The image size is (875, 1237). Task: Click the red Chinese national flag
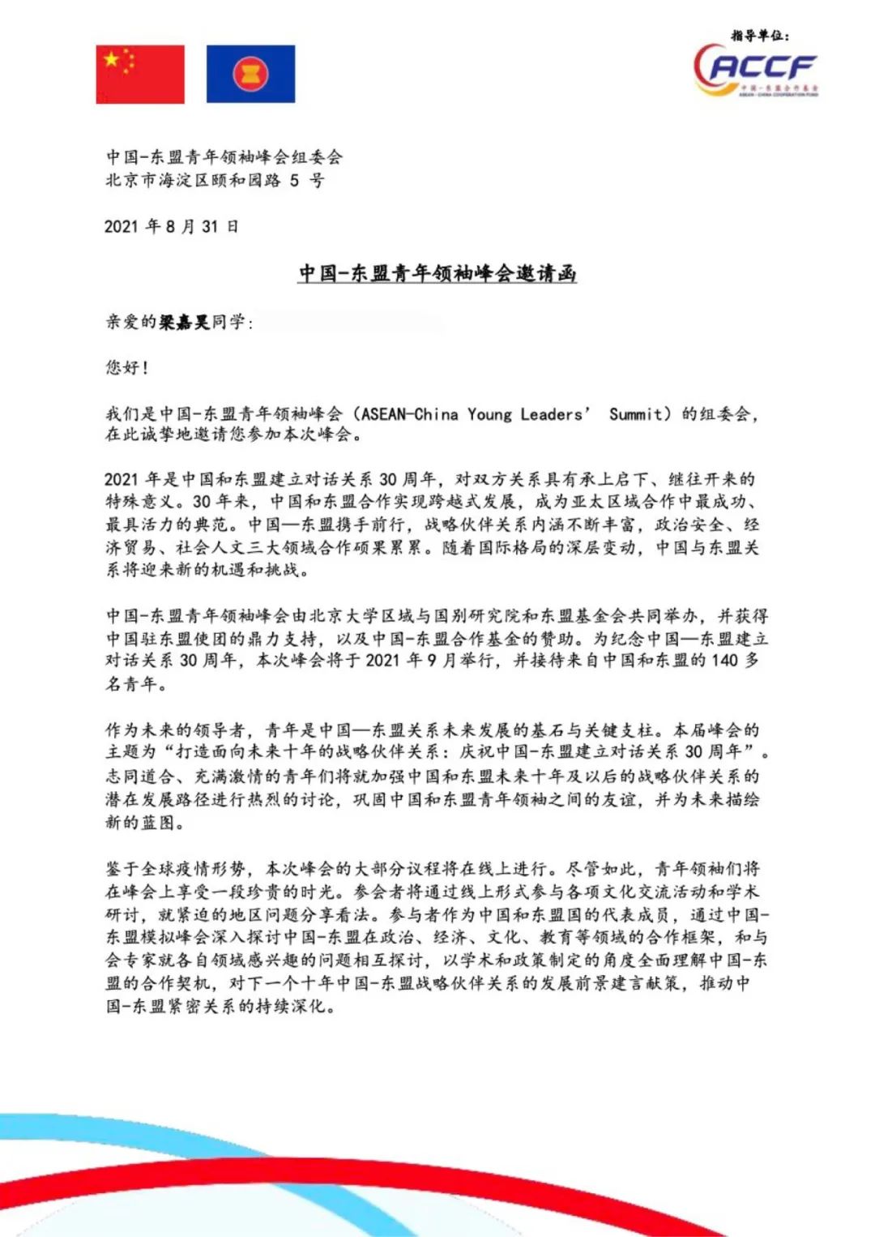[140, 75]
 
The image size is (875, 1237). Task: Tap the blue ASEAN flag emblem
[250, 75]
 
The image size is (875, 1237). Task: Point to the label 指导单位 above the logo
[759, 36]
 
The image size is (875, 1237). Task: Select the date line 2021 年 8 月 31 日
[171, 226]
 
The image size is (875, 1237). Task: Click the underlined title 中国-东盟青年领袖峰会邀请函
[437, 273]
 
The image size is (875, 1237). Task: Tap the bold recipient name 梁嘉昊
[185, 322]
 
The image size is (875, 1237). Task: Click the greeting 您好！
[127, 367]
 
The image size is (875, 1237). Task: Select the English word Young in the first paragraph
[489, 414]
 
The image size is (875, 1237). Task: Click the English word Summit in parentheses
[635, 414]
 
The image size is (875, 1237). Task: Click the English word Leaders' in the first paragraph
[556, 414]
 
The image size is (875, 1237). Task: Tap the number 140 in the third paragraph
[725, 660]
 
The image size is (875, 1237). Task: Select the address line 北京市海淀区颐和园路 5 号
[215, 180]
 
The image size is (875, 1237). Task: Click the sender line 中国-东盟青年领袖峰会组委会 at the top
[224, 156]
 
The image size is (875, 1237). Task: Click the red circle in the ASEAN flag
[250, 75]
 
